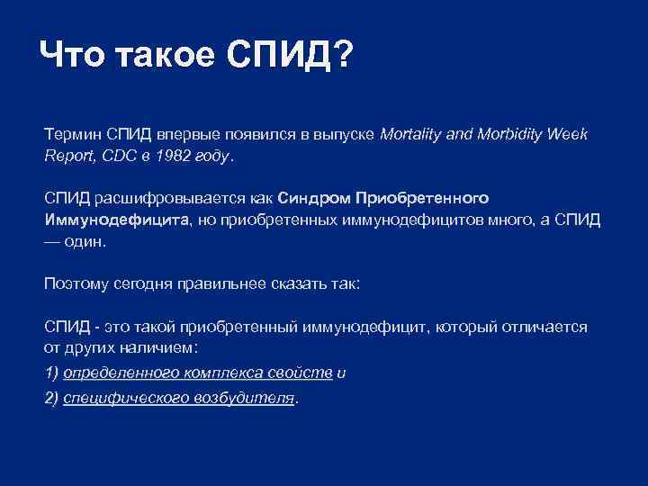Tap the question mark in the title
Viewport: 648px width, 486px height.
(343, 58)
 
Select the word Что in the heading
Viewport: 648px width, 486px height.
(73, 58)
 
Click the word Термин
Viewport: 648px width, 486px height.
(73, 134)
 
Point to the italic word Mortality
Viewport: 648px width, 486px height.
(411, 134)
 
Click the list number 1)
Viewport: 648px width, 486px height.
(51, 373)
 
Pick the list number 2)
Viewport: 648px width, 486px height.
(51, 398)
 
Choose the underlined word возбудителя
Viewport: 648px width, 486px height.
(245, 398)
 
